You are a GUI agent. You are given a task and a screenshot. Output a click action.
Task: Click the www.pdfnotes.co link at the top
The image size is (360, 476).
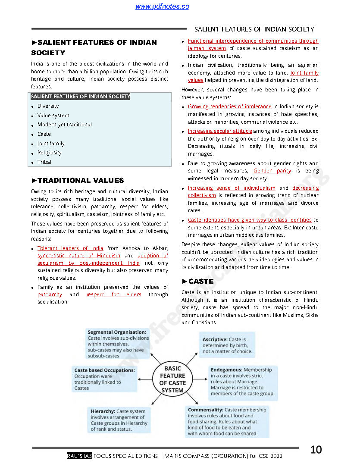coord(162,6)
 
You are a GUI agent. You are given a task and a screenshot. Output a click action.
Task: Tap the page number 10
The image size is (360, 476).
coord(316,450)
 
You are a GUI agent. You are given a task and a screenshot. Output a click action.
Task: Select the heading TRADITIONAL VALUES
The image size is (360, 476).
coord(81,181)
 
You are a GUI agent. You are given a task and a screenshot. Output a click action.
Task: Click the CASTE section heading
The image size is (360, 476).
coord(200,282)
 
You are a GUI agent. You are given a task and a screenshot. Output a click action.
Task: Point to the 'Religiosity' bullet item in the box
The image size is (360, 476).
coord(49,153)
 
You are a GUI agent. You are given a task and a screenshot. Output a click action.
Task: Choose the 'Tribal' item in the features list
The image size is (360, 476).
coord(44,162)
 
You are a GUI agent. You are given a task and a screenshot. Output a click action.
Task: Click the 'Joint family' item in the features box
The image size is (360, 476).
coord(51,144)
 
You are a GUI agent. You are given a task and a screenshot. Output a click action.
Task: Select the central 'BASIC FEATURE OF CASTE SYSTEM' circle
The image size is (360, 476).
coord(172,380)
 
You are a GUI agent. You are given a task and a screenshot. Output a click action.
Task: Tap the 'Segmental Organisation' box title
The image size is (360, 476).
coord(117,332)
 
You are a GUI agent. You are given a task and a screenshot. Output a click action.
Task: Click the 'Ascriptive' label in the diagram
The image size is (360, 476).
coord(215,340)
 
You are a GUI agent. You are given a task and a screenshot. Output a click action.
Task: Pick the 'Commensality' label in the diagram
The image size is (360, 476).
coord(205,410)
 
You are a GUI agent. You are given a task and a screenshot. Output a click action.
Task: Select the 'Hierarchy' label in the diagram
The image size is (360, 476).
coord(103,411)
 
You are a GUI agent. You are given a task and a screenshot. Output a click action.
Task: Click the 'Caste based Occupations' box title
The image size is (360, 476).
coord(104,370)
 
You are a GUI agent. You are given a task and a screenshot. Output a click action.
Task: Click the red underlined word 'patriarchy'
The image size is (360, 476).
coord(50,294)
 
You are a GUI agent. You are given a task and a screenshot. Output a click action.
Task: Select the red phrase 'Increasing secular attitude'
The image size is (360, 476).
coord(220,131)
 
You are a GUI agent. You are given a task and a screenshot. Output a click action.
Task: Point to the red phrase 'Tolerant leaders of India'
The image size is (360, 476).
coord(70,248)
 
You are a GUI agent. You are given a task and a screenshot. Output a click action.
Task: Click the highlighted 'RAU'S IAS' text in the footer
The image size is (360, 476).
coord(79,456)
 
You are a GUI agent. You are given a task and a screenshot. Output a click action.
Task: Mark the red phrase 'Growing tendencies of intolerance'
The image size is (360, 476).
coord(230,106)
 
